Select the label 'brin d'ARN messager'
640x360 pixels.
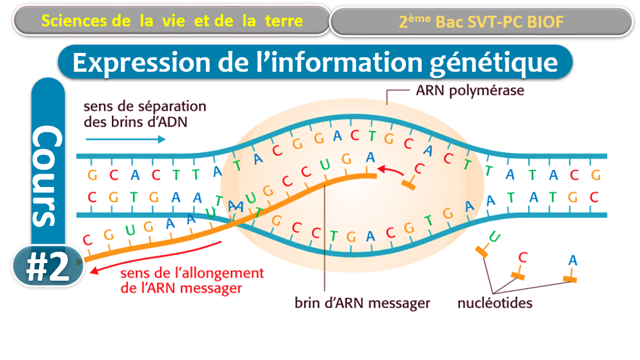click(x=362, y=303)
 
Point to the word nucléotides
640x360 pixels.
click(x=495, y=303)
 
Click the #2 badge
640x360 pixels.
click(x=47, y=267)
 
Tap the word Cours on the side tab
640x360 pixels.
click(x=48, y=176)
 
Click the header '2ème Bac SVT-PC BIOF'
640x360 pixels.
click(x=481, y=22)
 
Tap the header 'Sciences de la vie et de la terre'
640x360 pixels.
click(x=172, y=21)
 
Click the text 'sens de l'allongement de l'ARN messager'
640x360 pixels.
click(x=192, y=281)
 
